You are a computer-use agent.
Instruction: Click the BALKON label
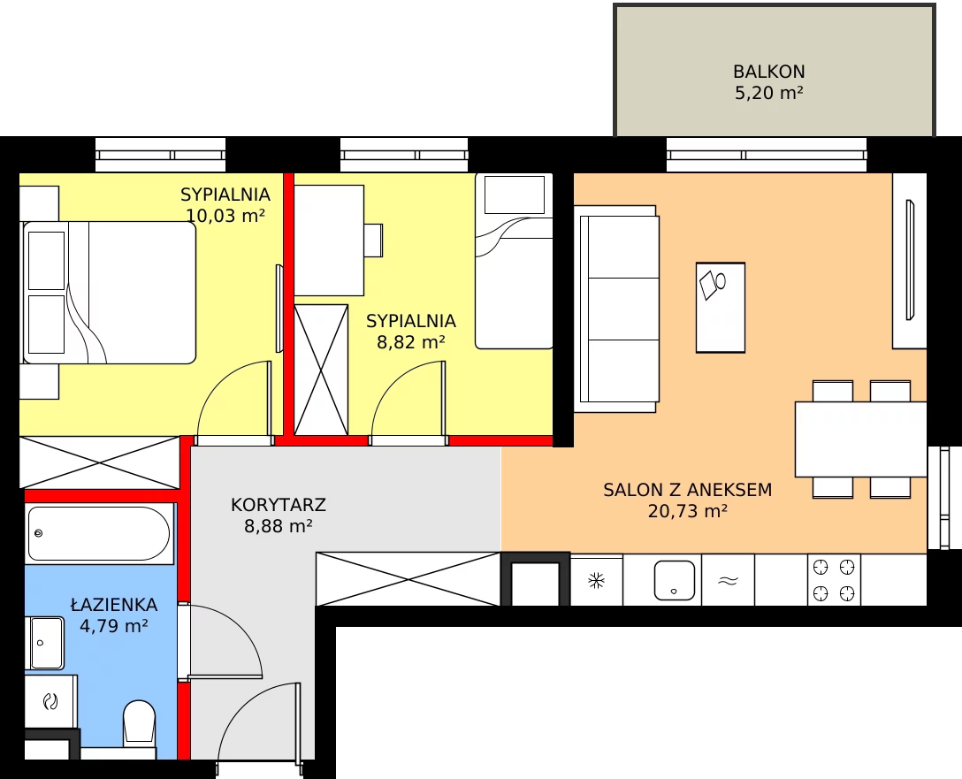(768, 72)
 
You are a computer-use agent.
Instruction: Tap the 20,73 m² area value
(688, 510)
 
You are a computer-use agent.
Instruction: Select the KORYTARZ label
(278, 505)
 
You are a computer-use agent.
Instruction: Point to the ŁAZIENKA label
(114, 604)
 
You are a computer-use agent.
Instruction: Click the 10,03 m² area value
(225, 215)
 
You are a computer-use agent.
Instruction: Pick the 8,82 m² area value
(410, 341)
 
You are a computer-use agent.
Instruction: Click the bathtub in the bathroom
(99, 534)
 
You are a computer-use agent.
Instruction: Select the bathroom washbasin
(47, 643)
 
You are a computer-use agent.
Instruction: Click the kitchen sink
(675, 580)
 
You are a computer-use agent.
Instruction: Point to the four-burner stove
(834, 580)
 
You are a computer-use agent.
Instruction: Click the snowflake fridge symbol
(596, 580)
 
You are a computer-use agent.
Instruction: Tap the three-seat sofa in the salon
(616, 309)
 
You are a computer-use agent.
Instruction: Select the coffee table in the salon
(721, 308)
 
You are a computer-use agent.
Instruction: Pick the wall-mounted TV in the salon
(910, 260)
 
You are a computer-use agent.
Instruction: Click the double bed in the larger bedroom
(110, 293)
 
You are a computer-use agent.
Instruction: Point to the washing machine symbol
(50, 701)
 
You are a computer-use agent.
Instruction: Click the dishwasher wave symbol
(728, 580)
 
